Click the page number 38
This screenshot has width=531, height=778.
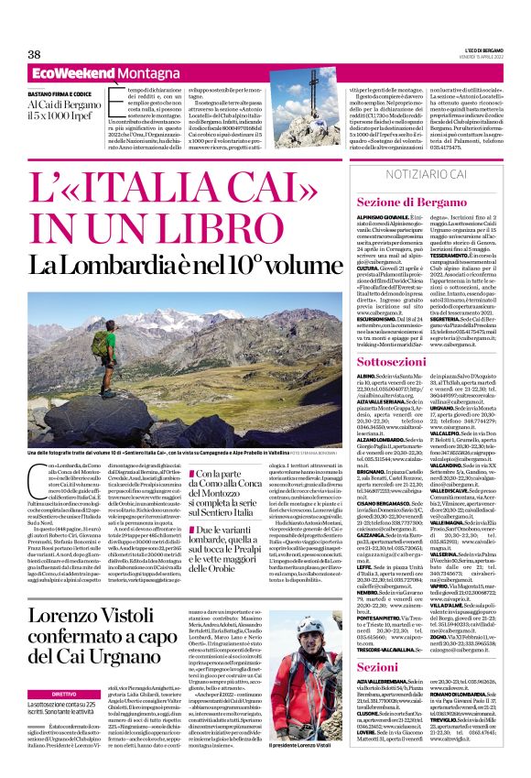pos(35,54)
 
